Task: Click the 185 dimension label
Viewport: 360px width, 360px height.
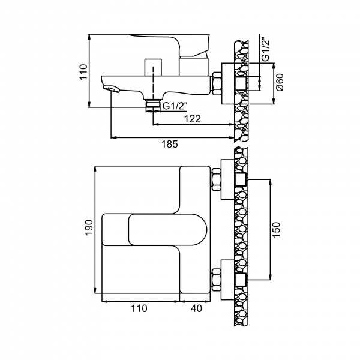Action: tap(170, 144)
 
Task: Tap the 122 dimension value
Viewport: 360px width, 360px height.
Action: tap(193, 119)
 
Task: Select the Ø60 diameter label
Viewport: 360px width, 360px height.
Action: tap(280, 82)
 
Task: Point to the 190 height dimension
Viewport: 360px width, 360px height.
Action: tap(89, 227)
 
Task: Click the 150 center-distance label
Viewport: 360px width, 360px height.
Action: tap(276, 230)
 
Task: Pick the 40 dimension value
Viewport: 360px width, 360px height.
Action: tap(197, 308)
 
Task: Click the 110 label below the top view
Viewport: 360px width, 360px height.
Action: tap(139, 308)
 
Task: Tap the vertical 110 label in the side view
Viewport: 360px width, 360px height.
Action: tap(83, 72)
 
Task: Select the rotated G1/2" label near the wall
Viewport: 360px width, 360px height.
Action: tap(266, 49)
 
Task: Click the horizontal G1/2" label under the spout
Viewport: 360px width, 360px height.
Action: tap(175, 106)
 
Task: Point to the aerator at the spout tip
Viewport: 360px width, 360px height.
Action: tap(112, 89)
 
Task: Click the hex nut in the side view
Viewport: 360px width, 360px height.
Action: tap(217, 83)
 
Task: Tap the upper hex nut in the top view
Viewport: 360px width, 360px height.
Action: tap(216, 179)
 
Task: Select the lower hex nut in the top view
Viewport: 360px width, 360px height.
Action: tap(216, 280)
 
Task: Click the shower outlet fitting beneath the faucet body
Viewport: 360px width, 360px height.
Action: tap(153, 106)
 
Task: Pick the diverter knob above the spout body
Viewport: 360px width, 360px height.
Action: tap(153, 67)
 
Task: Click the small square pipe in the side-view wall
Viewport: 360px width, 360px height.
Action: tap(241, 83)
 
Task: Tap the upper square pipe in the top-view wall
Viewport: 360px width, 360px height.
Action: tap(241, 179)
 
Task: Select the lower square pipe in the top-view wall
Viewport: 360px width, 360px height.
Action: tap(241, 280)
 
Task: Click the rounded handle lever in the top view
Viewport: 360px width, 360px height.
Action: tap(167, 230)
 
